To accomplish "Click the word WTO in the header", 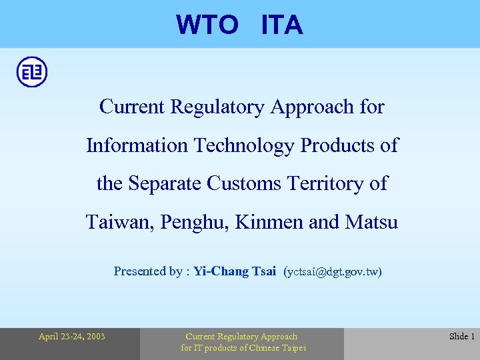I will point(207,25).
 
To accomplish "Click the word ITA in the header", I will point(282,25).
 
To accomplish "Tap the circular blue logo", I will point(32,72).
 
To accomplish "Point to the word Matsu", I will point(371,222).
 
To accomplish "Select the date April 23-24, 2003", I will point(71,337).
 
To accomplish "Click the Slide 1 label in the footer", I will point(461,337).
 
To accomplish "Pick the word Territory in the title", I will point(327,183).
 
